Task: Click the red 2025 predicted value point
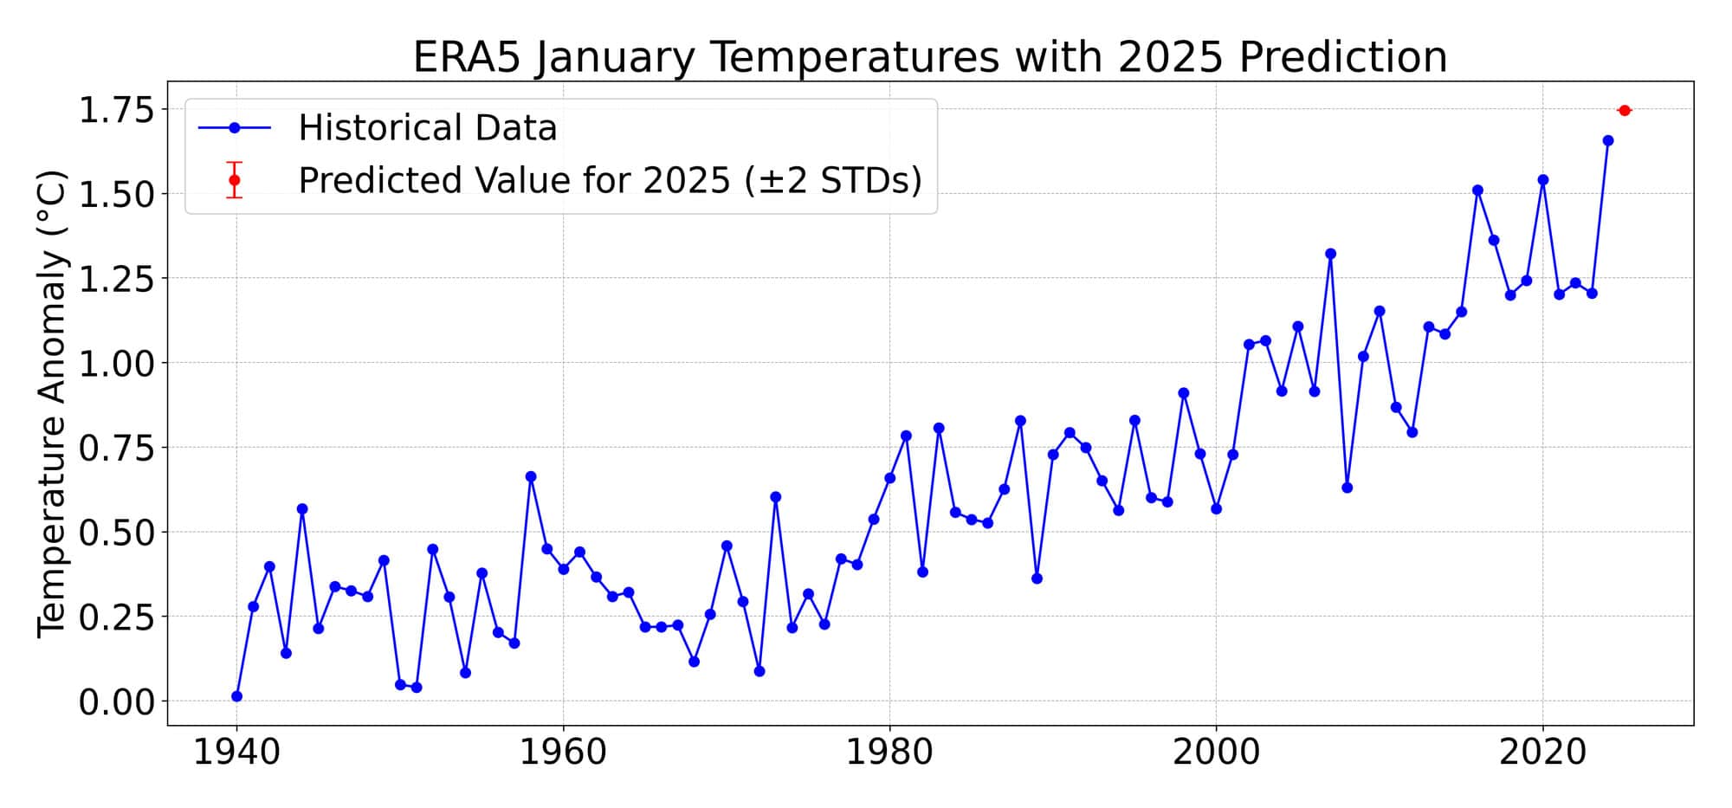(1625, 110)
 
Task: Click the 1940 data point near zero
(236, 696)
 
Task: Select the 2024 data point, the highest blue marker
(1608, 140)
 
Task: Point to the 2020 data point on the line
(1542, 180)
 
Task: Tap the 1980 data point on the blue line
(889, 478)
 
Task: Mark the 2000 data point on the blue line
(1216, 508)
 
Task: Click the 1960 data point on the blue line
(563, 569)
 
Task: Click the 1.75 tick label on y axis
(116, 111)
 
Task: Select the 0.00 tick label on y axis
(116, 701)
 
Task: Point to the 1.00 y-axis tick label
(116, 364)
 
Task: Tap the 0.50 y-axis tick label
(116, 533)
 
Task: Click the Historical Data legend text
(428, 128)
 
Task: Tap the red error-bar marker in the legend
(234, 180)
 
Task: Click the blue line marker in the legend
(234, 128)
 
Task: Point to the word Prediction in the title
(1343, 58)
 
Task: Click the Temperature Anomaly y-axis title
(52, 404)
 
